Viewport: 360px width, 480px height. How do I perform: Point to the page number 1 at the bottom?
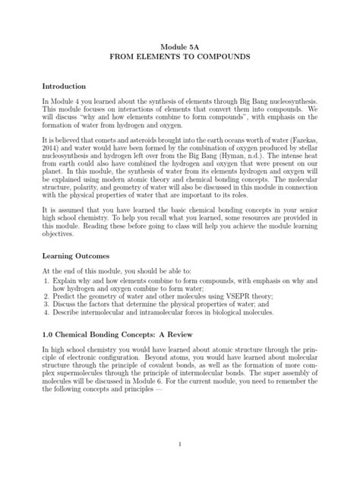(180, 444)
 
